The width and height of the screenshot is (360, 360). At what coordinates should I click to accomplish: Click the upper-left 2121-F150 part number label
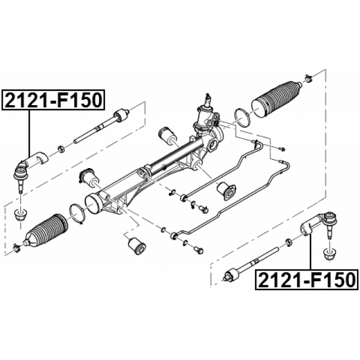(53, 100)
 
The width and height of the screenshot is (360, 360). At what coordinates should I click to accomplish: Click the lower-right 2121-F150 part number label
(307, 280)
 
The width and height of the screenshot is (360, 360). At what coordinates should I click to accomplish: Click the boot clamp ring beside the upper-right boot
(242, 117)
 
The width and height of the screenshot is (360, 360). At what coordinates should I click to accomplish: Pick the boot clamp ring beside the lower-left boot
(77, 213)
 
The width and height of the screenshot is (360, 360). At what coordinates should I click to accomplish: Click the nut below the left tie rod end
(21, 214)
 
